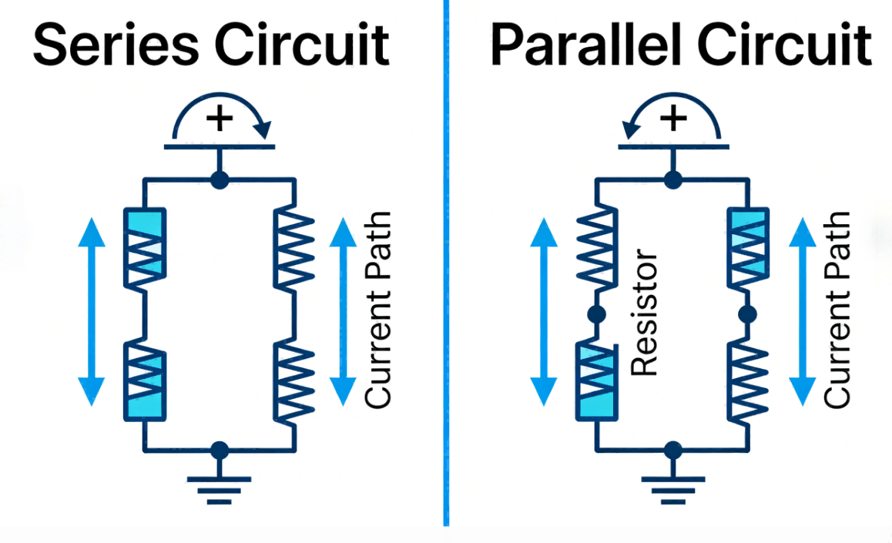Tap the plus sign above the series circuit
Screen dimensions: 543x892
tap(220, 119)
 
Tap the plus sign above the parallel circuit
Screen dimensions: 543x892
tap(674, 119)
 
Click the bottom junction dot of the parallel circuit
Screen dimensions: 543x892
tap(674, 449)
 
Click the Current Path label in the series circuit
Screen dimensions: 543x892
tap(378, 310)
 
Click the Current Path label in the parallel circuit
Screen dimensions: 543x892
tap(837, 310)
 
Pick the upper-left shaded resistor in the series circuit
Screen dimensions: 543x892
tap(144, 248)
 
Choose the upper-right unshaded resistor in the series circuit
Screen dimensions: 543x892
tap(296, 248)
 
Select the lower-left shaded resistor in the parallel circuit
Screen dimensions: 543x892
tap(595, 381)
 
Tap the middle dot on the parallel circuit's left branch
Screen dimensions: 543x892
tap(595, 315)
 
